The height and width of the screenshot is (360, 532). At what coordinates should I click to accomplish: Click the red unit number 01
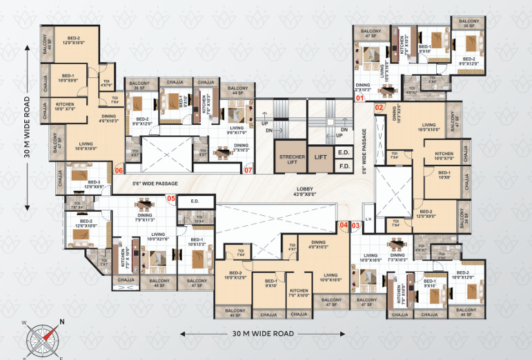tap(359, 99)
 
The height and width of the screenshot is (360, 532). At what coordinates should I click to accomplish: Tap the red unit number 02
tap(379, 108)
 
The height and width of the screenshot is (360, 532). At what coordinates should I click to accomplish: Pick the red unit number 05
tap(171, 200)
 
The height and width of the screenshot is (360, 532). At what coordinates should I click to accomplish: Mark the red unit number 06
tap(119, 170)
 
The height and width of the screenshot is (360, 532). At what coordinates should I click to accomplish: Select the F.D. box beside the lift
tap(344, 166)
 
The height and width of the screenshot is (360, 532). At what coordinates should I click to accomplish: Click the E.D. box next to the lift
tap(344, 152)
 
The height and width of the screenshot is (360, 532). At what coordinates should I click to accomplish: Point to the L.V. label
tap(368, 219)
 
